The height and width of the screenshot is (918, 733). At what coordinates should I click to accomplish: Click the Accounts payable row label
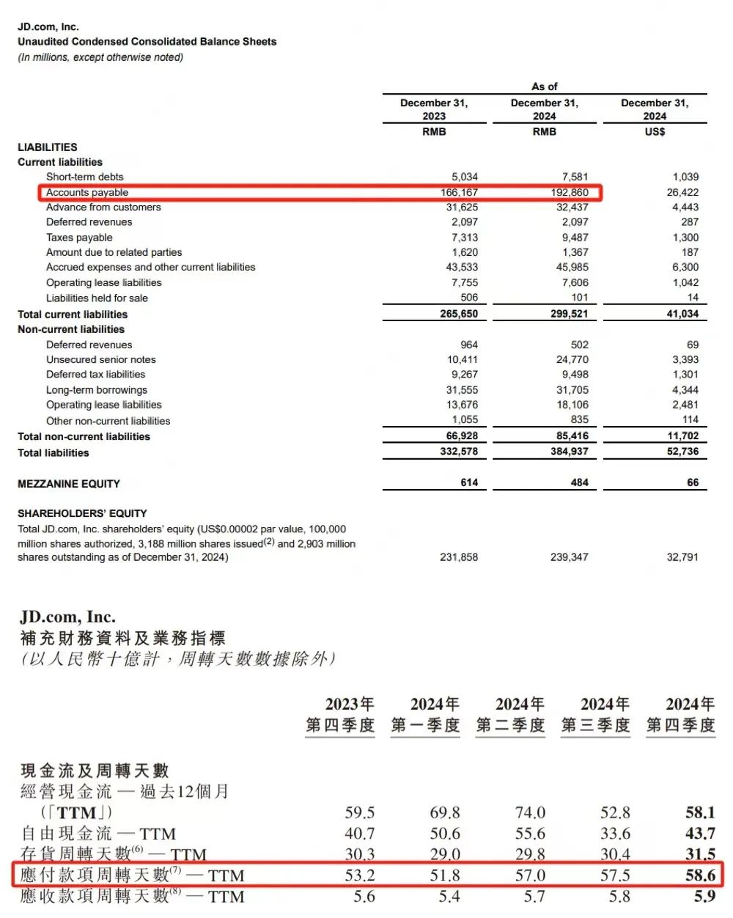(x=86, y=192)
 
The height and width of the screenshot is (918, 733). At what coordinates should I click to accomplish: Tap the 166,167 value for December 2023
(x=459, y=192)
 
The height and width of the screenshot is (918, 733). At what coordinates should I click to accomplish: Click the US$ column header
(x=655, y=132)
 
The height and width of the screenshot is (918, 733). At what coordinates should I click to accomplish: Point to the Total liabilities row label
(x=53, y=453)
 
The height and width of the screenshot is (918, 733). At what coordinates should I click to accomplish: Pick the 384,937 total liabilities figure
(x=569, y=452)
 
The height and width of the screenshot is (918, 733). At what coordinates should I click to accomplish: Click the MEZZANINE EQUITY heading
(x=68, y=484)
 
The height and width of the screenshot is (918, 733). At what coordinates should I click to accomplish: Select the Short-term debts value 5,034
(x=464, y=177)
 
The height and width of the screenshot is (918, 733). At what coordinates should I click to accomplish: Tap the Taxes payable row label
(x=79, y=238)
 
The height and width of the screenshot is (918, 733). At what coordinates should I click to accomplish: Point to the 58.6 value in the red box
(x=700, y=875)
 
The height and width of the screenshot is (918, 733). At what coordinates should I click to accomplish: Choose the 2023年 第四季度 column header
(x=340, y=715)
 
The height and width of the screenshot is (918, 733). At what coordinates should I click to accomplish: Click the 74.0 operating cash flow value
(x=530, y=812)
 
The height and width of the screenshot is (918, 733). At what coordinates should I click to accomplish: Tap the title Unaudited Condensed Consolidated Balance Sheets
(x=147, y=42)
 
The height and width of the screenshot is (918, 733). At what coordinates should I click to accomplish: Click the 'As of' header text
(x=544, y=87)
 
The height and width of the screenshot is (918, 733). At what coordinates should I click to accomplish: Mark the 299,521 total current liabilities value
(x=569, y=314)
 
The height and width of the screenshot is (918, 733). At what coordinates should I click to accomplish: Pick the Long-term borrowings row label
(x=96, y=390)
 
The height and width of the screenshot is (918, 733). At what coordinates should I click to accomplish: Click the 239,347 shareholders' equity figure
(x=569, y=557)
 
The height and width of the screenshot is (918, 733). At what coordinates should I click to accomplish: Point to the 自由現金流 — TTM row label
(x=98, y=834)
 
